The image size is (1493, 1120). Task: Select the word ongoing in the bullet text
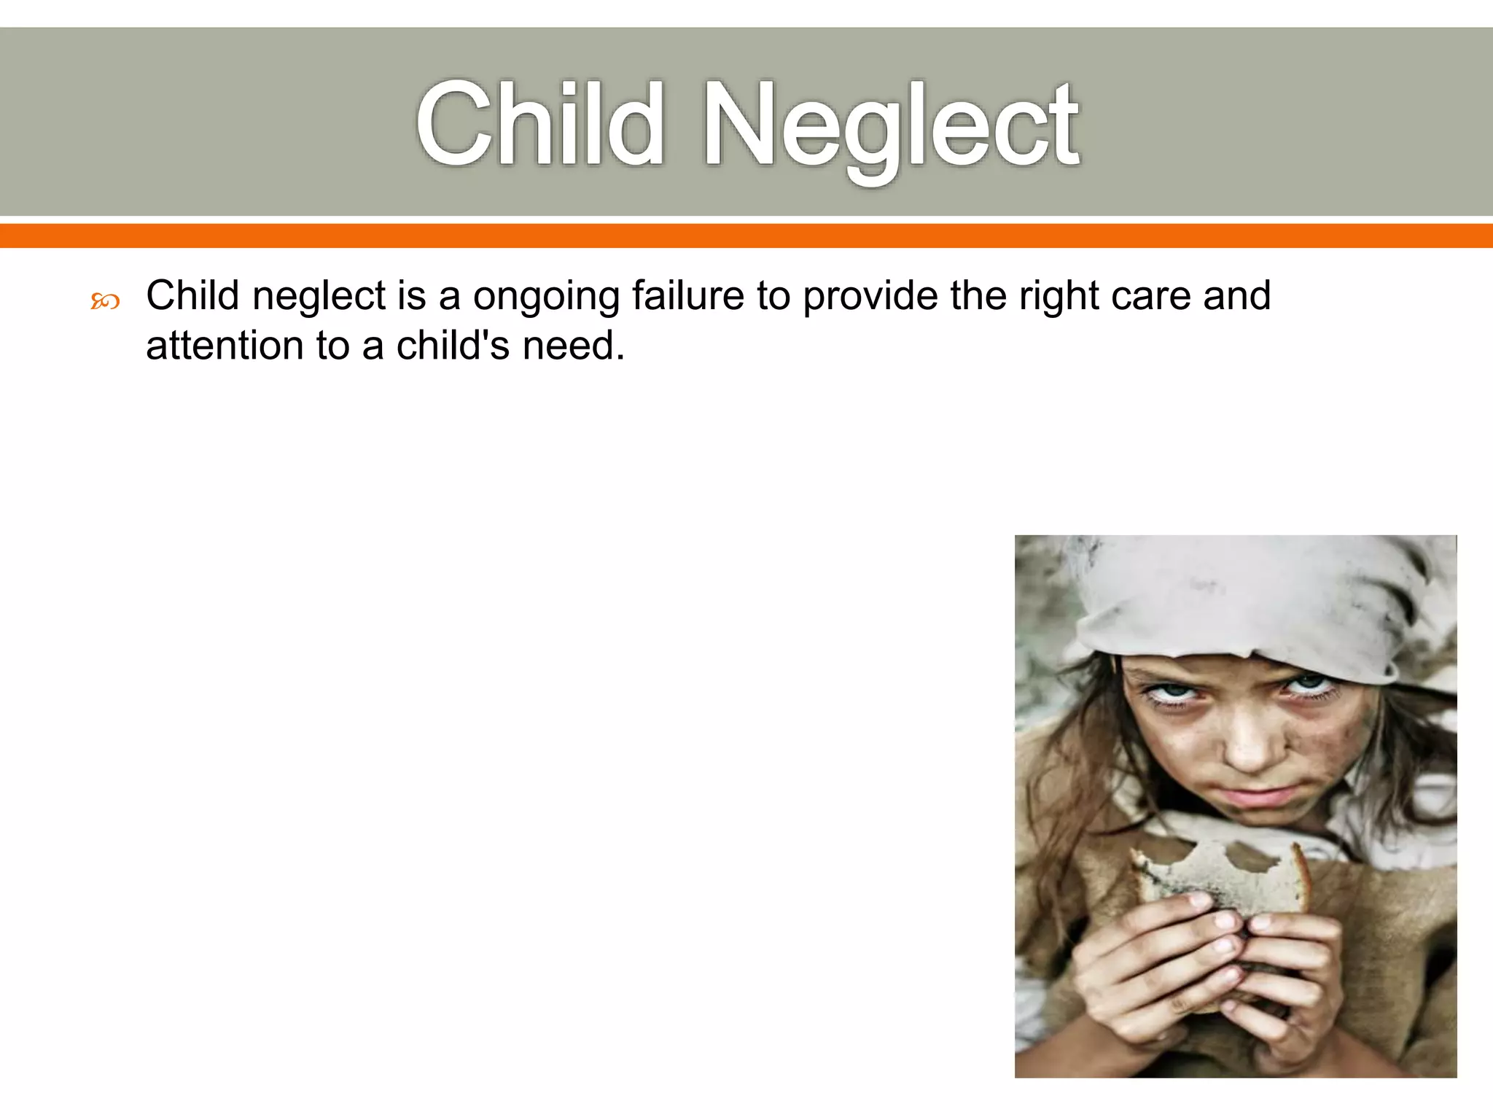pos(546,297)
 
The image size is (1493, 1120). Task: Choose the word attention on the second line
pos(224,345)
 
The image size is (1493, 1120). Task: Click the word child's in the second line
pos(453,345)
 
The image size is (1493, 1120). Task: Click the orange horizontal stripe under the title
pos(746,236)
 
